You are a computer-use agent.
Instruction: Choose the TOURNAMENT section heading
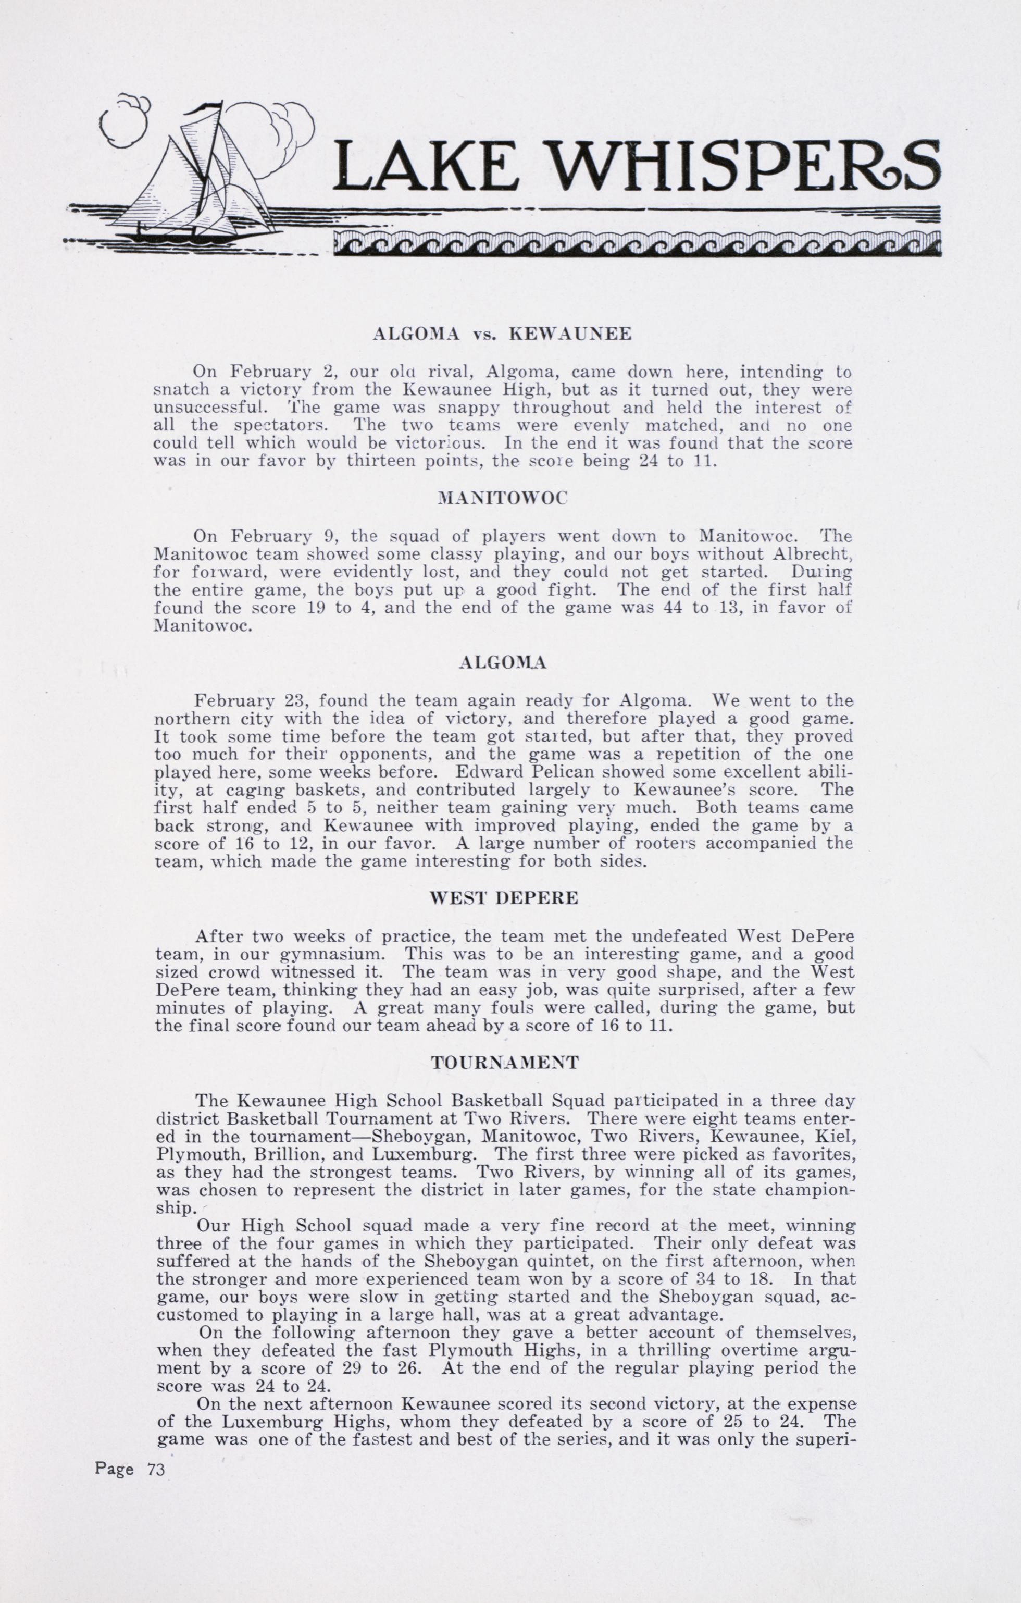click(505, 1063)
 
